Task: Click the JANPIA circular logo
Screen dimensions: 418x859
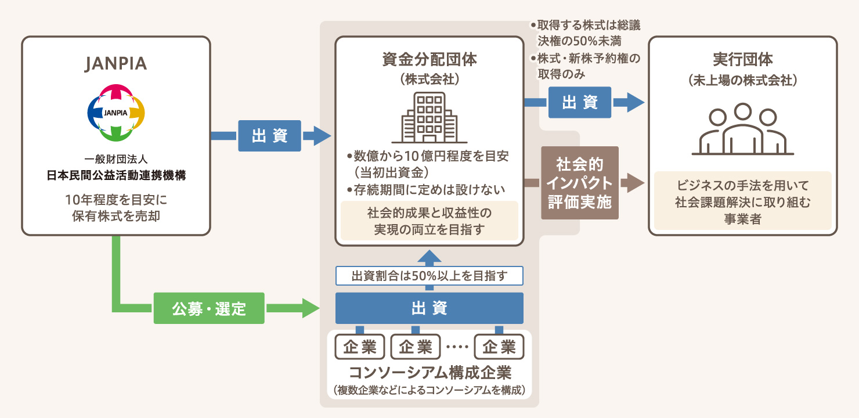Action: coord(116,113)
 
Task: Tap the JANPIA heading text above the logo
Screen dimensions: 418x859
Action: coord(116,64)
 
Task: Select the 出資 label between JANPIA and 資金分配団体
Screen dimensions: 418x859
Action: coord(269,136)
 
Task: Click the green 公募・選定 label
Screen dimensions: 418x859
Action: coord(209,308)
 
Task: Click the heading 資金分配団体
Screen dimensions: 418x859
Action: coord(429,60)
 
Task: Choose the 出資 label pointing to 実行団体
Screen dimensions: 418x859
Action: coord(580,102)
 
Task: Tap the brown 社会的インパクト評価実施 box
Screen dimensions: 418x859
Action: coord(580,182)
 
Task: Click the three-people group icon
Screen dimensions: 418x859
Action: coord(742,131)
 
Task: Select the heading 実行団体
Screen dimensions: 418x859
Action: coord(742,60)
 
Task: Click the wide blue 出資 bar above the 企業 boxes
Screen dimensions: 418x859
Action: coord(429,308)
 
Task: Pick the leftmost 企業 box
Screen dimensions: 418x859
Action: coord(360,347)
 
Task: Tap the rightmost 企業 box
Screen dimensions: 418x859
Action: coord(499,347)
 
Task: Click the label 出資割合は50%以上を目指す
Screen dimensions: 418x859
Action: coord(429,276)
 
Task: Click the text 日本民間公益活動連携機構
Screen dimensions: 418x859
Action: coord(116,176)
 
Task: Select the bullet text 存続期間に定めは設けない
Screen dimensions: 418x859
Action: coord(429,189)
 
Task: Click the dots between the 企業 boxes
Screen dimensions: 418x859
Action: coord(458,348)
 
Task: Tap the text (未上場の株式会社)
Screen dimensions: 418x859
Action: coord(742,81)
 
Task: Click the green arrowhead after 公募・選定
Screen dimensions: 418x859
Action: coord(311,308)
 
